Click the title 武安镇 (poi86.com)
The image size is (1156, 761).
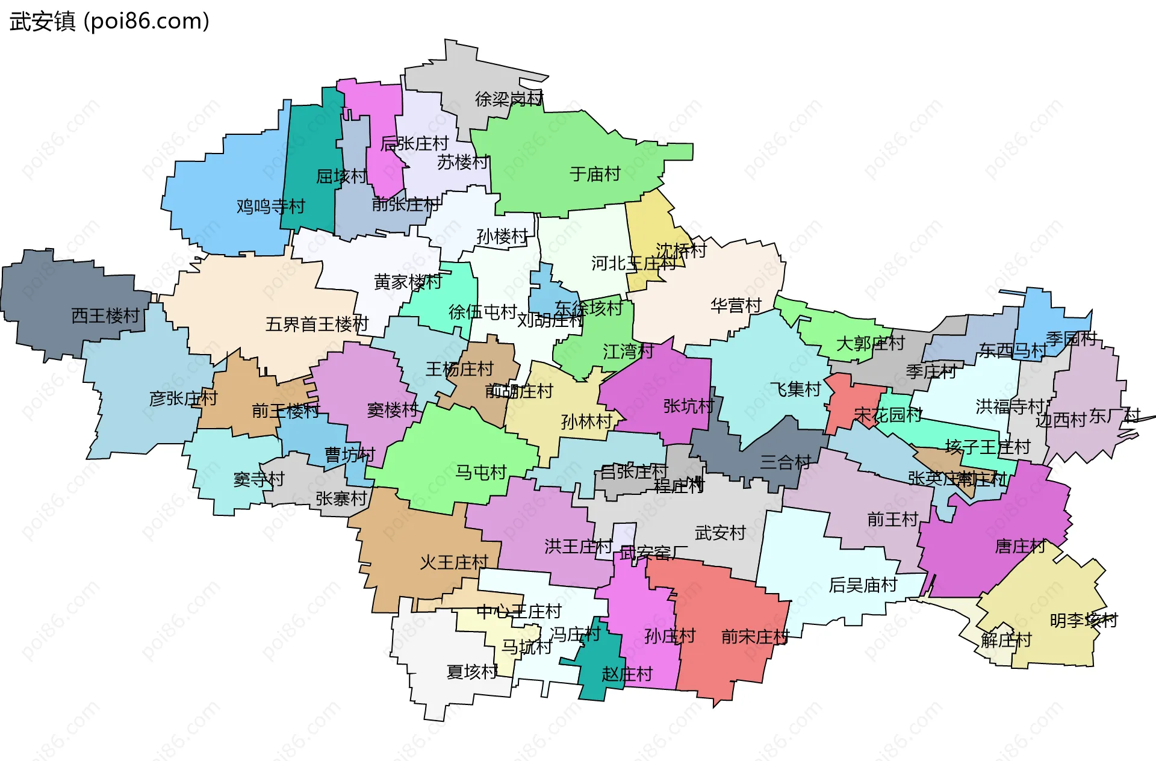click(x=110, y=21)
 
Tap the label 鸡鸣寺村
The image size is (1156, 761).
click(x=270, y=207)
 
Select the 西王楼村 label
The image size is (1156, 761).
click(x=105, y=315)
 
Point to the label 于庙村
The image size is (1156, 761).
click(x=595, y=174)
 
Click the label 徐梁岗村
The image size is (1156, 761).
click(x=509, y=99)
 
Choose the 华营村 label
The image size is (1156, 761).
click(x=736, y=305)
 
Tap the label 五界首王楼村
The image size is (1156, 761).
click(x=317, y=325)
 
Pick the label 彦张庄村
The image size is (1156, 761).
click(x=183, y=398)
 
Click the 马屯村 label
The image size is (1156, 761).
click(x=480, y=472)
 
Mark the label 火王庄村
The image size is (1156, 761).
click(x=454, y=562)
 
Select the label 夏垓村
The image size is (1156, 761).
click(x=472, y=671)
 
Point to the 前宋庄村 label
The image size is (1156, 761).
click(x=755, y=636)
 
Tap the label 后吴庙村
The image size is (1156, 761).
click(x=863, y=585)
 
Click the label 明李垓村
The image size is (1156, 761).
click(x=1084, y=620)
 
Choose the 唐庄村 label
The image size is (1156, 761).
click(x=1020, y=546)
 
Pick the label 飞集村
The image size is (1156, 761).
click(x=795, y=390)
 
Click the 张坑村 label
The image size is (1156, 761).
click(x=688, y=406)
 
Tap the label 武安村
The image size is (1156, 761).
click(x=720, y=533)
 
